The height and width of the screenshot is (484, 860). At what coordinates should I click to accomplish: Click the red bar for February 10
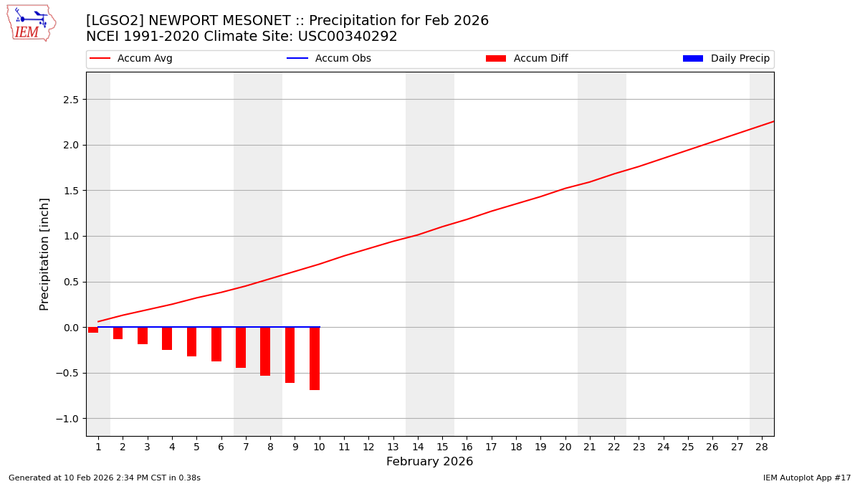point(315,359)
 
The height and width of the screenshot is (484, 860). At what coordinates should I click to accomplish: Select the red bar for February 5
point(191,342)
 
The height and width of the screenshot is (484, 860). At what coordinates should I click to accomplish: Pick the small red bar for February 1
point(93,330)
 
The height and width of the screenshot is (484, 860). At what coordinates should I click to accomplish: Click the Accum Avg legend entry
point(131,59)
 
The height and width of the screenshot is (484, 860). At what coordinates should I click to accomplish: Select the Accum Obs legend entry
point(329,59)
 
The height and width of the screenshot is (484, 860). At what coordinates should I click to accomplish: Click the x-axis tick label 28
point(762,447)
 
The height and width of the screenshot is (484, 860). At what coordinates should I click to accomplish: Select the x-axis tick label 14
point(418,447)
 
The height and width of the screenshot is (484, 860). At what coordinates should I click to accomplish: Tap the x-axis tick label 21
point(590,447)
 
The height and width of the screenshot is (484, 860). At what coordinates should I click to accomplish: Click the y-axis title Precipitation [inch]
point(44,254)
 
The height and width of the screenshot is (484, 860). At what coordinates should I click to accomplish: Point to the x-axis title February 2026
point(430,462)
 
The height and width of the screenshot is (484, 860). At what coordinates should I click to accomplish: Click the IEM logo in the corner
point(31,23)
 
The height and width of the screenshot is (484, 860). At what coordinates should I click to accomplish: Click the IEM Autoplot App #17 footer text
point(807,478)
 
